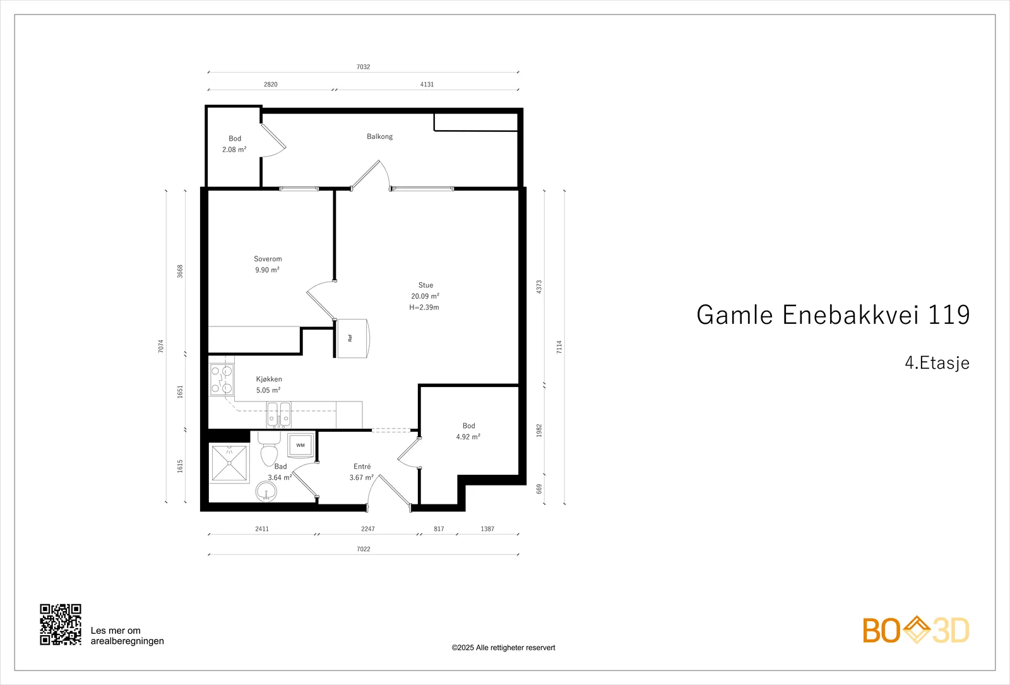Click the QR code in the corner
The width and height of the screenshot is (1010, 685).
(x=61, y=624)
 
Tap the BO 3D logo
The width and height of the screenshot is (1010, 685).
(x=916, y=629)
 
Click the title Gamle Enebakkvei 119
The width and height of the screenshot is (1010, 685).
(x=833, y=314)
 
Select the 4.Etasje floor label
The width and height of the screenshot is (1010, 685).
(x=937, y=362)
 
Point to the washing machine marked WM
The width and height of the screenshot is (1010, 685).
(x=300, y=445)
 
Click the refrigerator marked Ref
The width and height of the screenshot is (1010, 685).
(x=353, y=338)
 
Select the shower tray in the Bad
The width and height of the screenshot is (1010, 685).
(x=230, y=463)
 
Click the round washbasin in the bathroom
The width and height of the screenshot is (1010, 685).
(x=266, y=491)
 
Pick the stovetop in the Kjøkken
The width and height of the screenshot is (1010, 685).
(x=222, y=379)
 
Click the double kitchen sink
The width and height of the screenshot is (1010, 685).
(x=278, y=414)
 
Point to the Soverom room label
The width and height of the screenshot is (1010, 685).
(x=268, y=259)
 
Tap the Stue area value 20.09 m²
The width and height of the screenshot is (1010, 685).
(x=425, y=296)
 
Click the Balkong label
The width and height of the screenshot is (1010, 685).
(x=379, y=136)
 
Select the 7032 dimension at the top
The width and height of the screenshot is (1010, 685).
(x=364, y=67)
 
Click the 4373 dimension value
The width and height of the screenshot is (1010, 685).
(x=539, y=287)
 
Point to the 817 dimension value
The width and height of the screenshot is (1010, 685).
(x=439, y=528)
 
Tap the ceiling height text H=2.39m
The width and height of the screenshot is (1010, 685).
(x=424, y=307)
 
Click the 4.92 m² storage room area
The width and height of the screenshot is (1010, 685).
(x=468, y=437)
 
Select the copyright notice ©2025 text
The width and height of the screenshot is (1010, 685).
(x=503, y=648)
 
